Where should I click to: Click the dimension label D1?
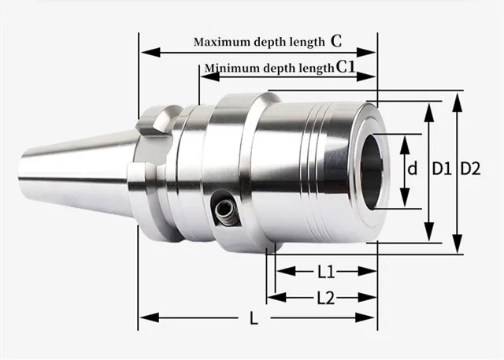point(441,168)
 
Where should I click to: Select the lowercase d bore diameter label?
point(411,169)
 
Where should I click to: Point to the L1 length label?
point(326,271)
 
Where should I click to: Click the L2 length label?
point(326,298)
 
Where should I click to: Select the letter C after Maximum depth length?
point(335,39)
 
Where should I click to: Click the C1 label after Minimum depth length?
point(347,68)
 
